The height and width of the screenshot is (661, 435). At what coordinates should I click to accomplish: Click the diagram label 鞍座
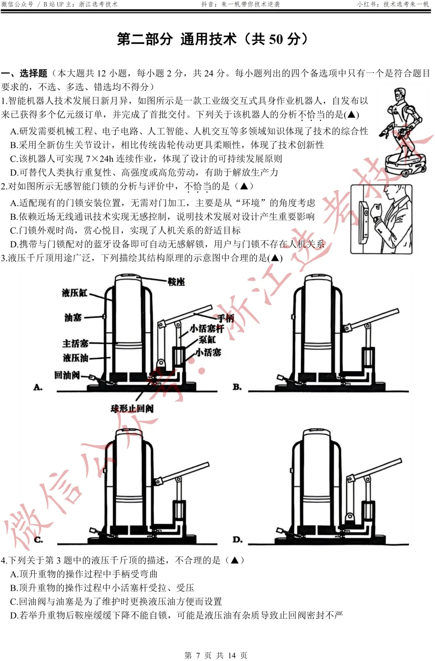[176, 282]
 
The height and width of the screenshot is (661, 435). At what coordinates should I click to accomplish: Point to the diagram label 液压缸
[75, 293]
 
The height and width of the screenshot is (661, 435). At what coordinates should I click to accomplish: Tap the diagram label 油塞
[73, 318]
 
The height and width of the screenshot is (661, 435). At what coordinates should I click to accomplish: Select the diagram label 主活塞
[75, 343]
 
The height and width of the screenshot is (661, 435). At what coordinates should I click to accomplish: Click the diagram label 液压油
[75, 357]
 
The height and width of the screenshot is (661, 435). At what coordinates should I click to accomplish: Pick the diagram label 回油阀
[67, 375]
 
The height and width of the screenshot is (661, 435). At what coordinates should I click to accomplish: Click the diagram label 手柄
[226, 318]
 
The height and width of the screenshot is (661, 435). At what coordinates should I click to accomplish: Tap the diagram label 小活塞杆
[207, 328]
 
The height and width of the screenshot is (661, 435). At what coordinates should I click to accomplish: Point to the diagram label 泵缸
[207, 340]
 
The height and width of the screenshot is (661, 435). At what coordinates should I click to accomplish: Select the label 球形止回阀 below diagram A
[132, 409]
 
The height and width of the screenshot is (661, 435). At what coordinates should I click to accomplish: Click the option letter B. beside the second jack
[237, 387]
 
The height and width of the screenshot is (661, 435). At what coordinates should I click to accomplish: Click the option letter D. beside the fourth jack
[238, 539]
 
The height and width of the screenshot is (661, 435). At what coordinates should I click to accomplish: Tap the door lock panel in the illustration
[365, 219]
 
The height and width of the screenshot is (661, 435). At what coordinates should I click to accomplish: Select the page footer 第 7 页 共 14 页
[216, 655]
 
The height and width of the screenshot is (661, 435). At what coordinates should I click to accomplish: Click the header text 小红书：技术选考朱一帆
[393, 4]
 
